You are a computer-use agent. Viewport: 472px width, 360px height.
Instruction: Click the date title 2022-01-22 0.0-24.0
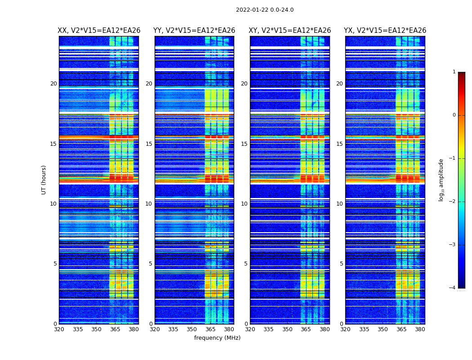[x=264, y=10]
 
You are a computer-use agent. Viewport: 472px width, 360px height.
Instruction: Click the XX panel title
[x=99, y=31]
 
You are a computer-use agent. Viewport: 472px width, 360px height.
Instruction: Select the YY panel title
[x=194, y=31]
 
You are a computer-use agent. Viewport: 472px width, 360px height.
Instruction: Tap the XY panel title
[x=290, y=31]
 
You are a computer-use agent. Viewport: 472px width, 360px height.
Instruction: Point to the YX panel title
[x=385, y=31]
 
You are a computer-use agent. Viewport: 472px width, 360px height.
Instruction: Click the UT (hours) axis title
[x=44, y=180]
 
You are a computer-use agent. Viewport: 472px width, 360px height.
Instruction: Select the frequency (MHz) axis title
[x=217, y=338]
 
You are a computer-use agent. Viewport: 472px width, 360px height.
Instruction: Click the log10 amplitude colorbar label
[x=441, y=180]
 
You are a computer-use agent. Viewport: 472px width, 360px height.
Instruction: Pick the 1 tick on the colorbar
[x=454, y=72]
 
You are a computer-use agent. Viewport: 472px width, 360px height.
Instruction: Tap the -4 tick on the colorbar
[x=453, y=288]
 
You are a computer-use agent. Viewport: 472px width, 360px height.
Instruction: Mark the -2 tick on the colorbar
[x=453, y=202]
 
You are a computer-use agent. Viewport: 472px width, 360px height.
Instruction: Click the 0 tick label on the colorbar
[x=454, y=115]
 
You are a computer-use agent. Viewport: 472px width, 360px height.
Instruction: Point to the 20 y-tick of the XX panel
[x=53, y=84]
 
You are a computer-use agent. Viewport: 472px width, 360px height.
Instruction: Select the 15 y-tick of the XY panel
[x=244, y=144]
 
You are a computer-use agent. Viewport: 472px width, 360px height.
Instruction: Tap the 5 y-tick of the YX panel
[x=342, y=264]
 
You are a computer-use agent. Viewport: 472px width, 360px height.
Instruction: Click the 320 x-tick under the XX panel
[x=59, y=329]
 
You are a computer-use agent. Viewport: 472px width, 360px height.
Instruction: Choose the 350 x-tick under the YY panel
[x=192, y=329]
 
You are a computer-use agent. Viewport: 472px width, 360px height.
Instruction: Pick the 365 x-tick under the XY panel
[x=306, y=329]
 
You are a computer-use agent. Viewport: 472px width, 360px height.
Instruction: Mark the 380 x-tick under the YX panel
[x=420, y=329]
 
